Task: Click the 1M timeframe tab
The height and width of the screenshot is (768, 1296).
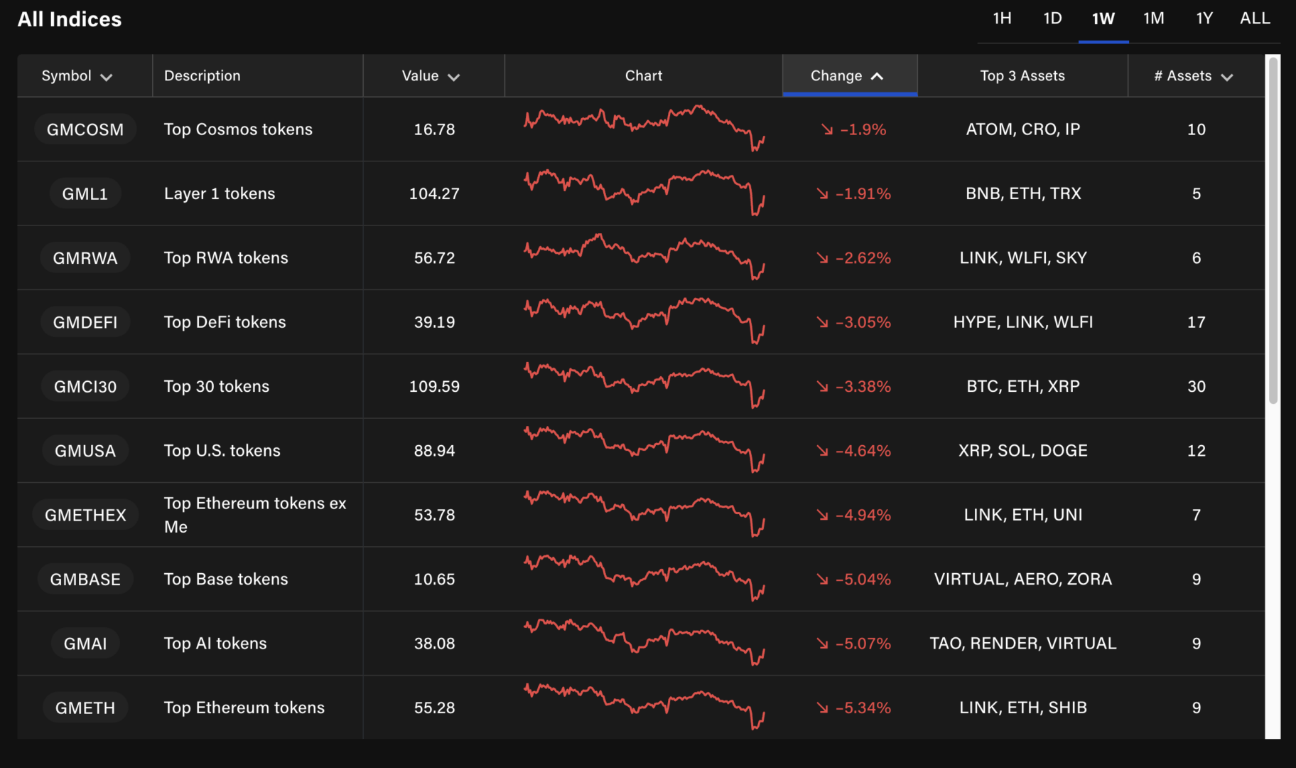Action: click(x=1153, y=18)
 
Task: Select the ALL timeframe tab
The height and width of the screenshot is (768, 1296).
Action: click(x=1255, y=18)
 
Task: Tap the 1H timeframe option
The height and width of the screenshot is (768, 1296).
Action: click(x=1002, y=18)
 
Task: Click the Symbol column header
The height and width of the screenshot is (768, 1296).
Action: click(x=76, y=76)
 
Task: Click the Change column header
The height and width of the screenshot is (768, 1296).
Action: click(x=846, y=76)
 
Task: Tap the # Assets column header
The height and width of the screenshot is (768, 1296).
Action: click(x=1193, y=76)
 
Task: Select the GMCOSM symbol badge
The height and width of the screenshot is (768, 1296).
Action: click(x=85, y=129)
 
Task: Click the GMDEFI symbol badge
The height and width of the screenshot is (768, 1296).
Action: click(x=85, y=322)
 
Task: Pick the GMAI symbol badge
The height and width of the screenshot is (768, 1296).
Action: click(x=85, y=644)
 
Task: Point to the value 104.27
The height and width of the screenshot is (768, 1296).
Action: click(x=434, y=193)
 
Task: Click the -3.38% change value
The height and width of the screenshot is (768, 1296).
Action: click(x=863, y=386)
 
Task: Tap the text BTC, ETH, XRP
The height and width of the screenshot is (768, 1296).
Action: click(x=1022, y=386)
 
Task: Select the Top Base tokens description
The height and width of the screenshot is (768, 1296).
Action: click(x=226, y=579)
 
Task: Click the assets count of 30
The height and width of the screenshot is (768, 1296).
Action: click(x=1196, y=386)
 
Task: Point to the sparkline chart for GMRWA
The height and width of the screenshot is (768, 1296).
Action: click(x=644, y=257)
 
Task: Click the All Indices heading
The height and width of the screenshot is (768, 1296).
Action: click(x=70, y=19)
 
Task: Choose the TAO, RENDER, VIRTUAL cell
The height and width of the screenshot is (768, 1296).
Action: click(x=1022, y=644)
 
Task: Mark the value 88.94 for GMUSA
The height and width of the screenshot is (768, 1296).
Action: click(x=434, y=451)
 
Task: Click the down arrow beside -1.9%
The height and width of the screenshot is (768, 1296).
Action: click(x=826, y=129)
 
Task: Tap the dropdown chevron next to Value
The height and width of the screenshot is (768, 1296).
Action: click(x=454, y=77)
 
